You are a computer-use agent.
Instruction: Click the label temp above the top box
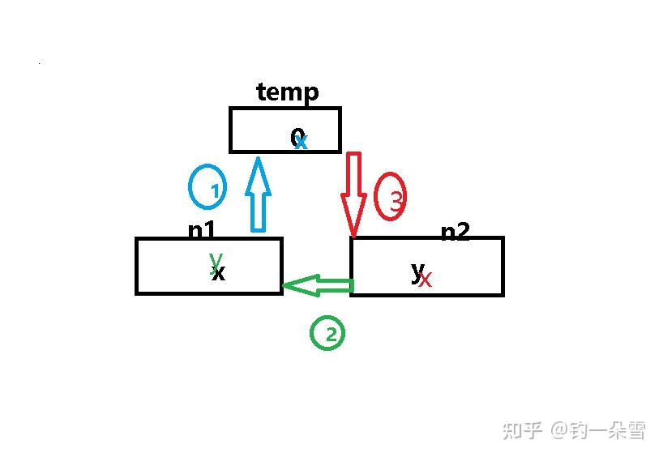pyautogui.click(x=288, y=92)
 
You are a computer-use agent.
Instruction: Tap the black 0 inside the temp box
pyautogui.click(x=297, y=138)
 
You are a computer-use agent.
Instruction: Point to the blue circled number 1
pyautogui.click(x=207, y=188)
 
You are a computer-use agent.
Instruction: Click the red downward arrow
pyautogui.click(x=354, y=193)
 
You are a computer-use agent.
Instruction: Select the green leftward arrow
pyautogui.click(x=318, y=285)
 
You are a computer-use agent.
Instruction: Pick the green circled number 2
pyautogui.click(x=327, y=333)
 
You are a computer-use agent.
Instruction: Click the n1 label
pyautogui.click(x=202, y=231)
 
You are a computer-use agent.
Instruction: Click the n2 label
pyautogui.click(x=455, y=233)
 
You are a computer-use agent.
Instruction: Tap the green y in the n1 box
pyautogui.click(x=215, y=259)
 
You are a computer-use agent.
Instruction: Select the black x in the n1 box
pyautogui.click(x=218, y=273)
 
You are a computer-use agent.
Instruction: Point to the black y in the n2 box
pyautogui.click(x=417, y=270)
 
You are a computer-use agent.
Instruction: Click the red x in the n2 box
pyautogui.click(x=426, y=280)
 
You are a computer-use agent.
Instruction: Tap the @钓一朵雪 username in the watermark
pyautogui.click(x=599, y=430)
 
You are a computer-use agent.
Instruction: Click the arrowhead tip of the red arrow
pyautogui.click(x=353, y=235)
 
